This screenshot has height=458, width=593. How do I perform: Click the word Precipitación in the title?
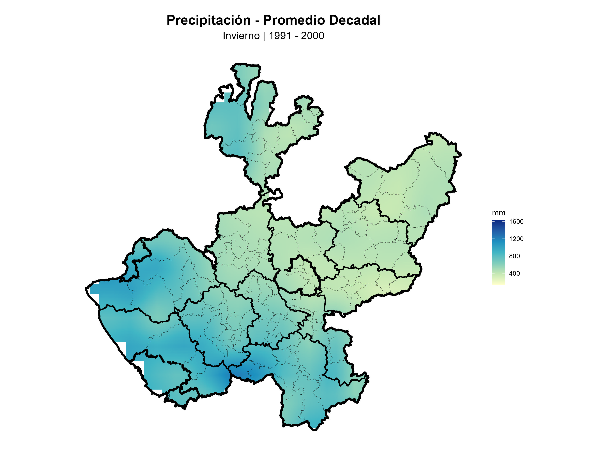tap(208, 20)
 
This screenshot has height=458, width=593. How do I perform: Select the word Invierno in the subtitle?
tap(241, 36)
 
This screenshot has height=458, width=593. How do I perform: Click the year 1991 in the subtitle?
tap(280, 36)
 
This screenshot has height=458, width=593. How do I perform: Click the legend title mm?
tap(498, 213)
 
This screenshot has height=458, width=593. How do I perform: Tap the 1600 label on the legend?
tap(516, 222)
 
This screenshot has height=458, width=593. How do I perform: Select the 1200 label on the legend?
tap(516, 239)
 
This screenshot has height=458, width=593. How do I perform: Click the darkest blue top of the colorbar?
tap(498, 222)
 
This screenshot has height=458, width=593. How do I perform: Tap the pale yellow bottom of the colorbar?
tap(498, 283)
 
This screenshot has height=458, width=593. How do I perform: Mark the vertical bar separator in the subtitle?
tap(264, 36)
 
